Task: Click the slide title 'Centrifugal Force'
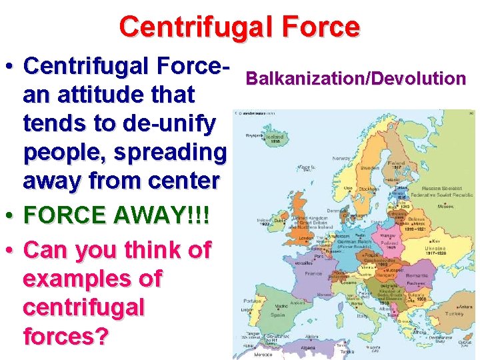pyautogui.click(x=239, y=27)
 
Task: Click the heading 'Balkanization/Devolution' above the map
pyautogui.click(x=355, y=79)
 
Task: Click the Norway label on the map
pyautogui.click(x=341, y=159)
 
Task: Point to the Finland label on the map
pyautogui.click(x=399, y=163)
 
